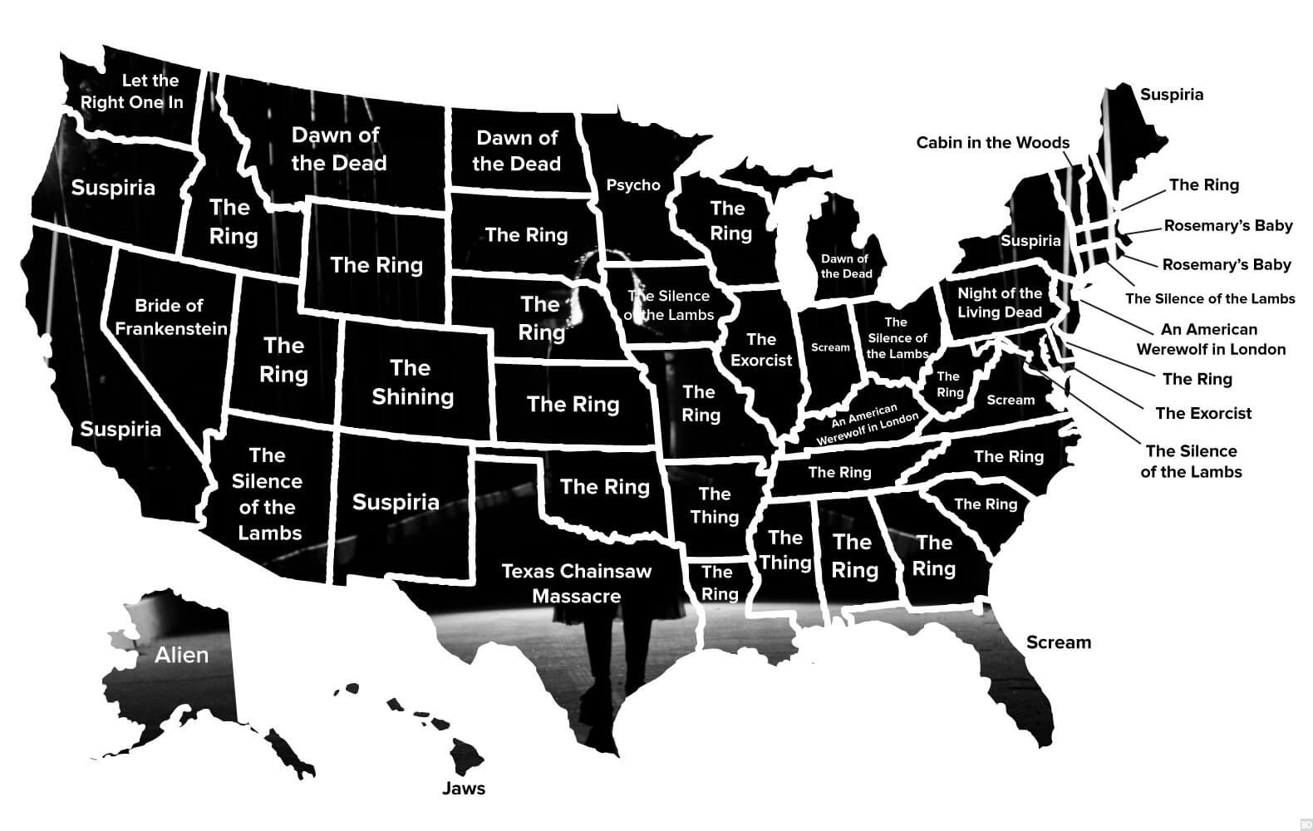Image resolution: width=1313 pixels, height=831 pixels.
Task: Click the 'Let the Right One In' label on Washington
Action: click(132, 91)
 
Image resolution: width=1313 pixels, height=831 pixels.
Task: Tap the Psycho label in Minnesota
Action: click(633, 185)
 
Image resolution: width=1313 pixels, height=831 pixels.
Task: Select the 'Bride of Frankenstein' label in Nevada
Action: click(170, 317)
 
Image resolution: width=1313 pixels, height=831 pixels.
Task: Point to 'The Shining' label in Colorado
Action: click(412, 382)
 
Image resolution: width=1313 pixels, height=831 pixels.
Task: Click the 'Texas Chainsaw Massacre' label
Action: click(576, 583)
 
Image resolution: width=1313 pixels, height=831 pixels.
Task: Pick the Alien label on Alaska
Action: click(181, 656)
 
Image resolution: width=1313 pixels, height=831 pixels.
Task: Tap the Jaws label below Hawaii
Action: click(463, 789)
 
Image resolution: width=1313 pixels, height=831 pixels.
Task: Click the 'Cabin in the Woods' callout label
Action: click(992, 143)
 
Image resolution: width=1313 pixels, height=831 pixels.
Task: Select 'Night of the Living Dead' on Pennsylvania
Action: click(999, 302)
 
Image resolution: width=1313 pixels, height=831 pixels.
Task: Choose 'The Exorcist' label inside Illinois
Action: click(761, 350)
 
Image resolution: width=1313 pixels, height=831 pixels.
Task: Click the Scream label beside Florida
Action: click(1058, 642)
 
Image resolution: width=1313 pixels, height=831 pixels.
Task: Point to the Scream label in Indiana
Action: click(830, 347)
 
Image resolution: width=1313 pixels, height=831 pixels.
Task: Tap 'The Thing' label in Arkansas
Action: click(714, 505)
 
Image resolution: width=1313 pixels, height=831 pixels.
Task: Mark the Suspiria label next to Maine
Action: click(1171, 95)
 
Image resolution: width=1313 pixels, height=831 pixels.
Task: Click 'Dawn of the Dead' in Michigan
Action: click(846, 266)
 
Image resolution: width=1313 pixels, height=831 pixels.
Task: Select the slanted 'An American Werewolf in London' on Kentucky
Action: click(867, 425)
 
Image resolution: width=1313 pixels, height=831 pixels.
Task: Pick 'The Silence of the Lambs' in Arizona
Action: click(267, 494)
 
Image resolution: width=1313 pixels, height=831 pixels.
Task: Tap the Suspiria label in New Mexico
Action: click(396, 502)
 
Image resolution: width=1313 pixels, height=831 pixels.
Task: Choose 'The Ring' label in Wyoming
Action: click(376, 265)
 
